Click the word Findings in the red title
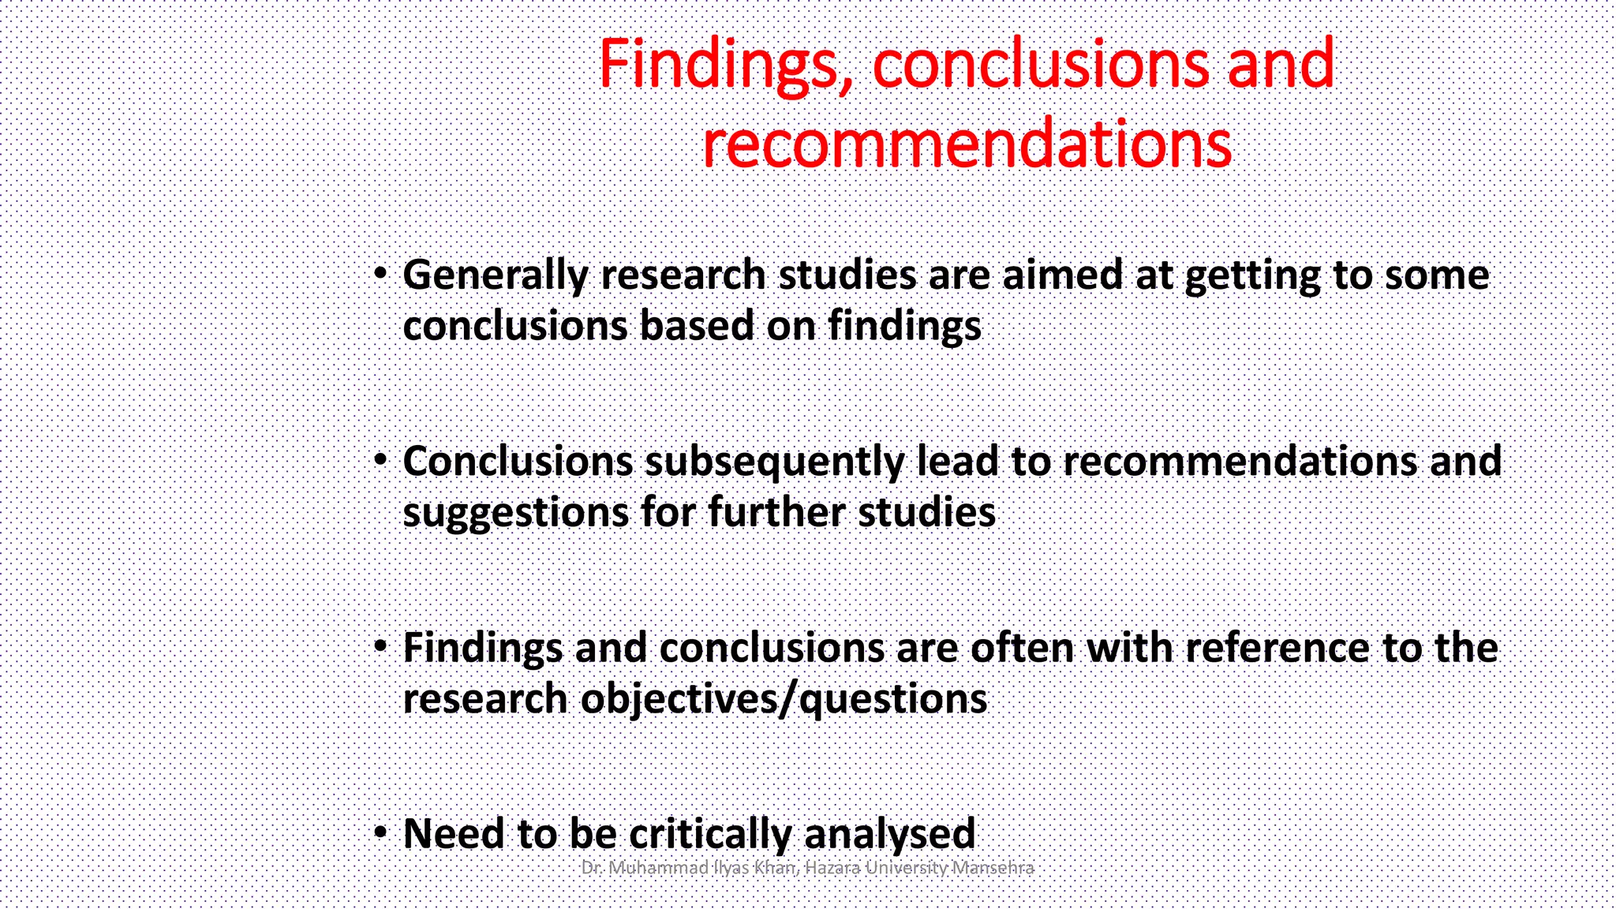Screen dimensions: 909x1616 [718, 65]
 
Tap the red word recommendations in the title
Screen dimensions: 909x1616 [967, 144]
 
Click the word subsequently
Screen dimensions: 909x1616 [775, 462]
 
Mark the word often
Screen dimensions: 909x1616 [1022, 648]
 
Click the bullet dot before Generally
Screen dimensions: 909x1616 [381, 274]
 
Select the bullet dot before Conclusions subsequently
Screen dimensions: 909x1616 [381, 460]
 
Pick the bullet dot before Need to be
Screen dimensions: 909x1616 [381, 832]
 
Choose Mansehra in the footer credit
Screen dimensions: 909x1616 [993, 868]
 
